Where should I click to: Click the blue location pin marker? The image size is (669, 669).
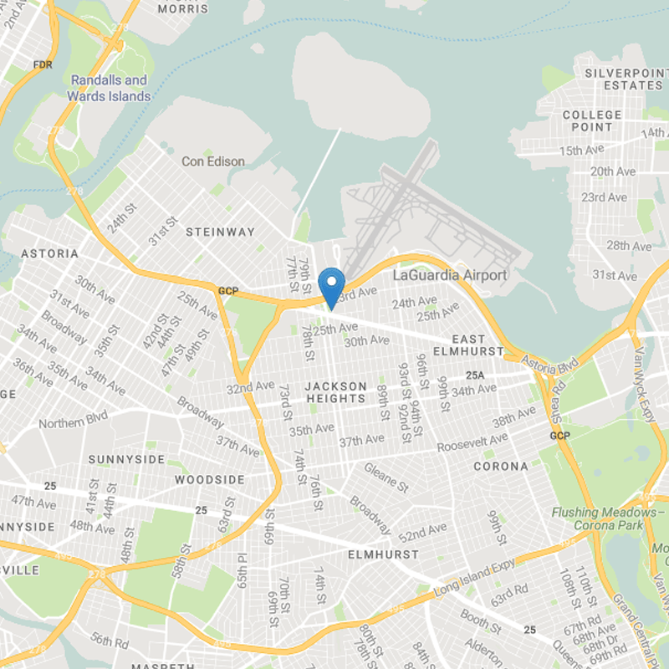[333, 287]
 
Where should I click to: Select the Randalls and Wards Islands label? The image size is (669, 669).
[110, 88]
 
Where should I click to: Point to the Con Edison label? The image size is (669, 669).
[213, 161]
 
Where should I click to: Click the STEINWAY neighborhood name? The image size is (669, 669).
[220, 232]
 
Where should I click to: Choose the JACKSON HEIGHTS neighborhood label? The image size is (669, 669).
[335, 392]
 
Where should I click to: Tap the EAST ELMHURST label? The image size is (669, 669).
[467, 345]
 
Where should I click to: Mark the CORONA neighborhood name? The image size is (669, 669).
[501, 466]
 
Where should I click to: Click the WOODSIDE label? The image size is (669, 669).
[210, 480]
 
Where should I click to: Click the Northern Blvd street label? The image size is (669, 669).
[73, 422]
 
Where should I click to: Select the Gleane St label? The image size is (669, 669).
[386, 479]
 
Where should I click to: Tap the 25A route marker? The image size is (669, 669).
[476, 375]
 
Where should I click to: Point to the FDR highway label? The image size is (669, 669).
[42, 64]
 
